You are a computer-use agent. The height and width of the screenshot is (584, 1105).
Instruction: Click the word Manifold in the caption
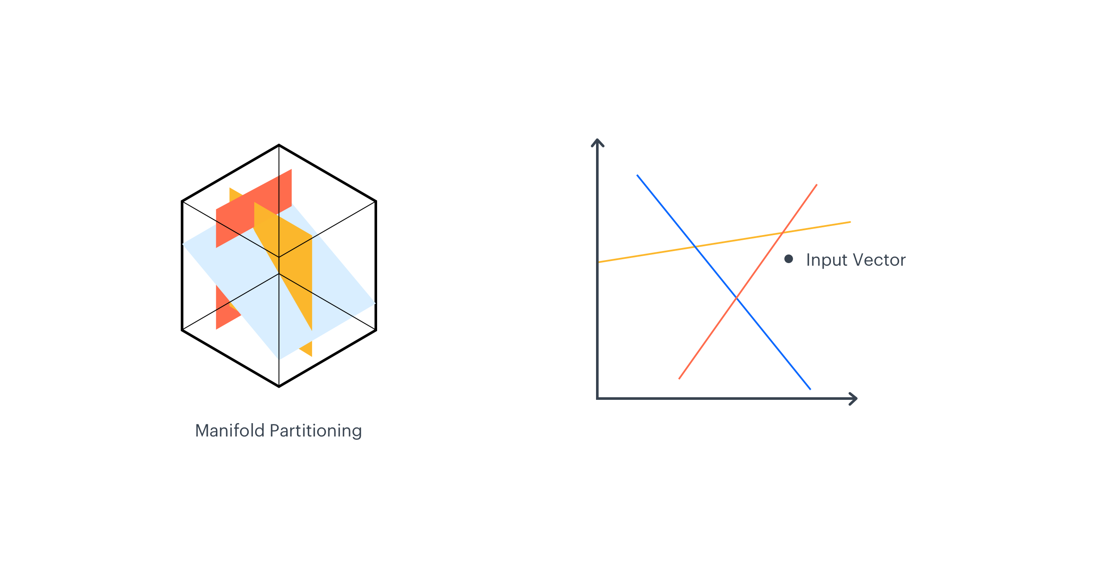[230, 430]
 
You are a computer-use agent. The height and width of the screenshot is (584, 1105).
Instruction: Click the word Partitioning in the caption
[316, 430]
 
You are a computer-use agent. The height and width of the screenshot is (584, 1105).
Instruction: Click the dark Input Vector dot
[789, 259]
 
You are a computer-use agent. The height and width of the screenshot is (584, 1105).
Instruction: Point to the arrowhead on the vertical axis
[597, 141]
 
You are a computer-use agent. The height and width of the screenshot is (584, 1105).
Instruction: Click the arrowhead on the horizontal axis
[854, 399]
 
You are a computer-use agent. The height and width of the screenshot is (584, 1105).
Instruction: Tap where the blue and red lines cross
[737, 298]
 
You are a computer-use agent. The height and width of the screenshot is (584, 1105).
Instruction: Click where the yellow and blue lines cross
[695, 246]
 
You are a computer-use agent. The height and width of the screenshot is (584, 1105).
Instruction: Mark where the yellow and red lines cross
[783, 233]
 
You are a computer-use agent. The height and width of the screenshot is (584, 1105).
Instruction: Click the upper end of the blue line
[637, 176]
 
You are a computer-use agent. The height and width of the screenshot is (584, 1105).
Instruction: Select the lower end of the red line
[679, 379]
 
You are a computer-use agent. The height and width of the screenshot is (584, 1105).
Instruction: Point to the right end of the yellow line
[850, 222]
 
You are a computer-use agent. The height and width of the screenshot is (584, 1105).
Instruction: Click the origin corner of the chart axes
[597, 399]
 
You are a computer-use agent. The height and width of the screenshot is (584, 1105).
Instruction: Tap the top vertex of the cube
[279, 145]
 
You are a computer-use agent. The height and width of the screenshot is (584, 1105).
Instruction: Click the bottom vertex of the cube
[279, 386]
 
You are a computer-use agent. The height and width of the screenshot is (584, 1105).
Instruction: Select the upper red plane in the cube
[241, 211]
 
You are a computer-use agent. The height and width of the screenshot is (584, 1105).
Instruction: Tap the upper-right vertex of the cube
[376, 201]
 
